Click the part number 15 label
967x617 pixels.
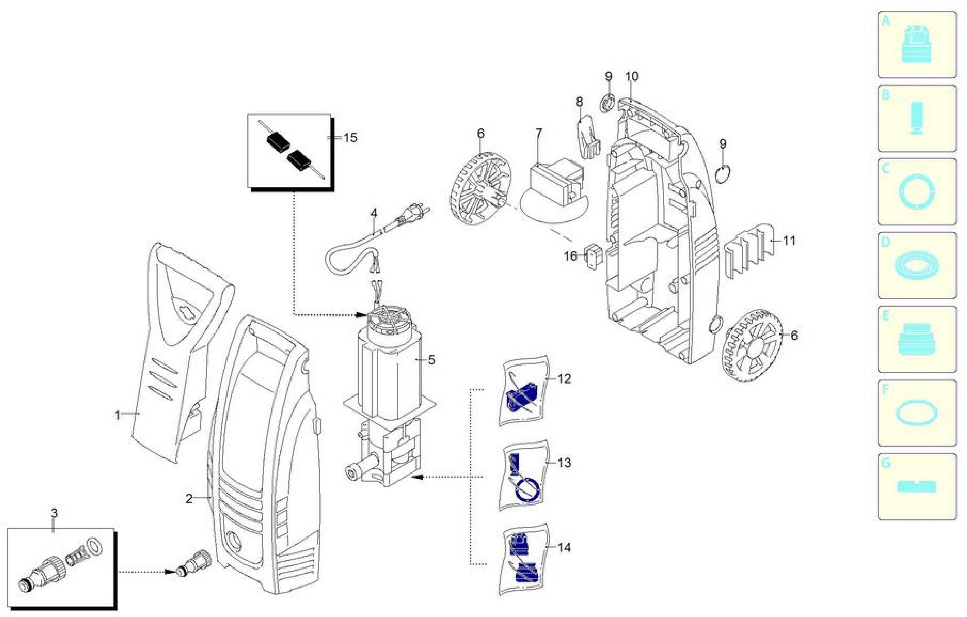[x=350, y=138]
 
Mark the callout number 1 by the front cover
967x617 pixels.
[x=117, y=415]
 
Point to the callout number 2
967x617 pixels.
[x=189, y=499]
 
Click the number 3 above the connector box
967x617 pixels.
[x=54, y=513]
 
